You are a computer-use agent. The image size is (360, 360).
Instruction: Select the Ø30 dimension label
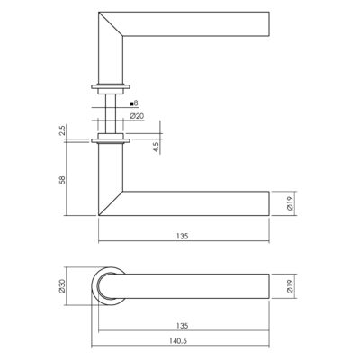coord(62,286)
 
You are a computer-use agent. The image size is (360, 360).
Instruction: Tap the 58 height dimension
coord(62,180)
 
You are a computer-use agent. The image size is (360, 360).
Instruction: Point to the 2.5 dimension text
coord(62,130)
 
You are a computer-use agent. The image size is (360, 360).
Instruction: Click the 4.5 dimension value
coord(156,147)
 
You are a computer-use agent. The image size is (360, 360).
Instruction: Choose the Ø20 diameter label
coord(137,116)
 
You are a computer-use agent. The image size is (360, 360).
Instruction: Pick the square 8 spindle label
coord(134,103)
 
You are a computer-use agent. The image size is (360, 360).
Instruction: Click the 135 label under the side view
coord(182,236)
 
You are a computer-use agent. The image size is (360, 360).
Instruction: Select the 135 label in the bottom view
coord(182,326)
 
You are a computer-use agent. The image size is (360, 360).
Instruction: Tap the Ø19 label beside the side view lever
coord(290,203)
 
